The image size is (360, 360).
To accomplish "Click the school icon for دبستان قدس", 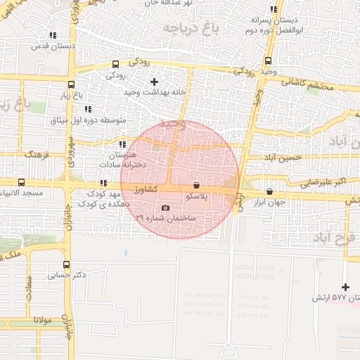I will [x=53, y=35].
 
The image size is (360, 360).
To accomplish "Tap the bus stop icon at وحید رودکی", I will [x=269, y=60].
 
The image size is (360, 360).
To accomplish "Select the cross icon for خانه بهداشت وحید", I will [x=155, y=82].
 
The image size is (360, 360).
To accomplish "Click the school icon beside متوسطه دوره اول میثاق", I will [x=88, y=109].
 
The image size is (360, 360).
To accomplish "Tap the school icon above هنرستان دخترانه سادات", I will [x=123, y=144].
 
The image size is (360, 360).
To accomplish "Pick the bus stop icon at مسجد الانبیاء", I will [x=21, y=181].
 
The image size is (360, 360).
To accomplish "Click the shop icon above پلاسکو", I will [x=196, y=186].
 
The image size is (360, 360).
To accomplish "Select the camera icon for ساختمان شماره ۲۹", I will [x=165, y=207].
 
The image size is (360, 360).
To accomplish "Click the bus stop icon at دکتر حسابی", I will [x=66, y=265].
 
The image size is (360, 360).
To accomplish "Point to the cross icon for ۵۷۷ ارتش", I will [x=345, y=287].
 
